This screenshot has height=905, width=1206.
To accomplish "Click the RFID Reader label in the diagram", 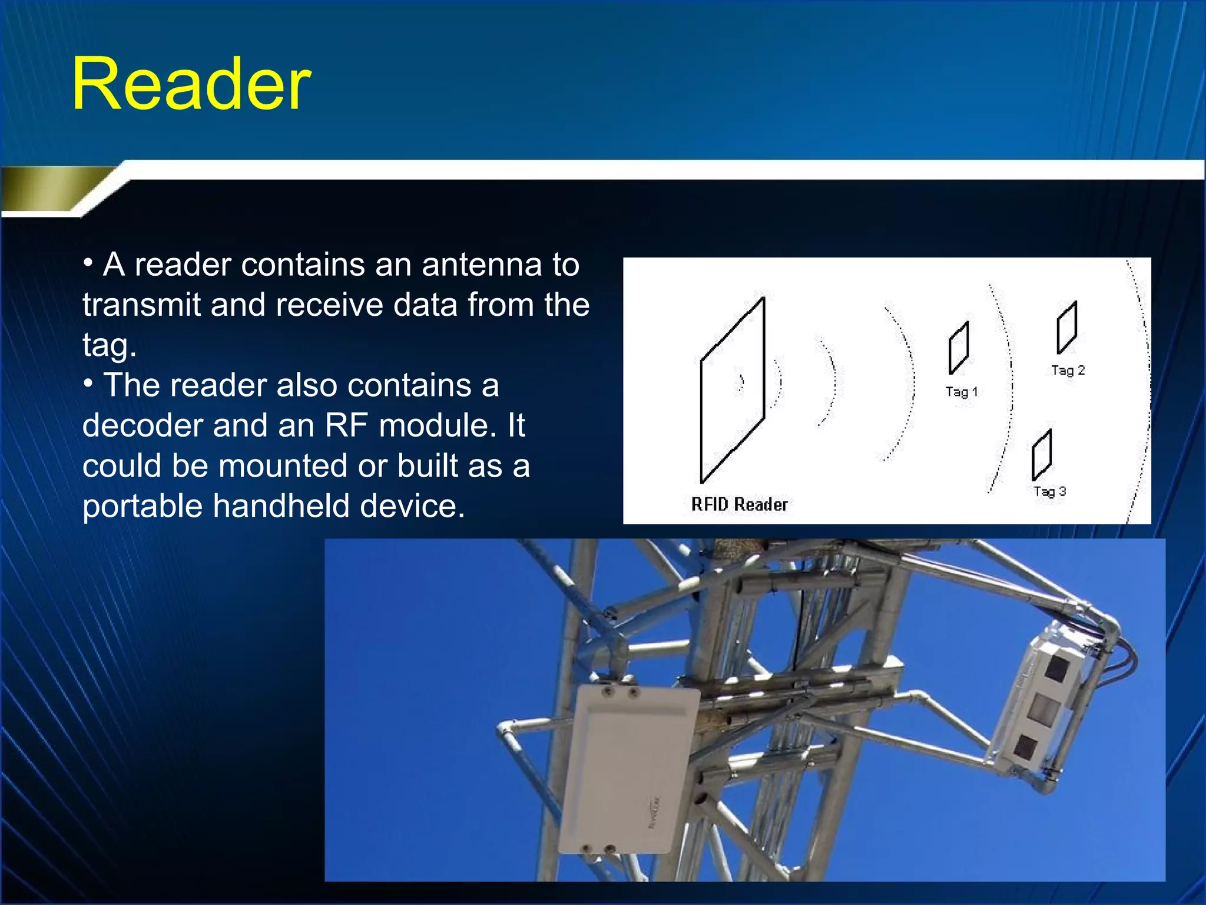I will click(x=739, y=504).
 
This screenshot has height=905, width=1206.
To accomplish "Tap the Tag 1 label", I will click(x=961, y=392).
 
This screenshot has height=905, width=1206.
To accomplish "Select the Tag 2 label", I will click(x=1068, y=371).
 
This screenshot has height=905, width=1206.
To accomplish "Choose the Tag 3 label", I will click(x=1049, y=491).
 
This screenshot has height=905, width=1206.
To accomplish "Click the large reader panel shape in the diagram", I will click(x=732, y=390).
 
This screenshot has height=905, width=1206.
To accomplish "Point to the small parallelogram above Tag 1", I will click(x=959, y=348).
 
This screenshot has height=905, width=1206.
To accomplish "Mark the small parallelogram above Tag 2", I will click(x=1066, y=328).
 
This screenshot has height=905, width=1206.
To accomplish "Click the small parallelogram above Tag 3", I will click(x=1042, y=455).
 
